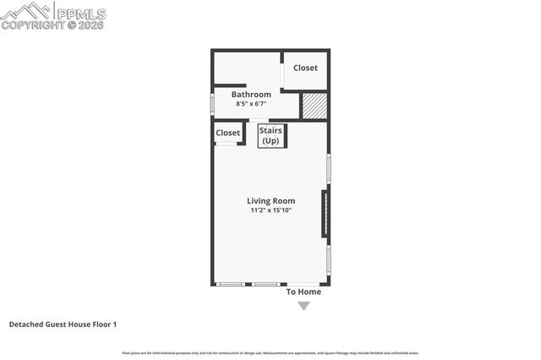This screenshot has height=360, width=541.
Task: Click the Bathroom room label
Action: coord(251,95)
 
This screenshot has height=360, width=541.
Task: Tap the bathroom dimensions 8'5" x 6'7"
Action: coord(251,104)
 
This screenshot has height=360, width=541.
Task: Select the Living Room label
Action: coord(270,200)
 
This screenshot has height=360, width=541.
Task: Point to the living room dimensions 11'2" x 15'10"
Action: coord(270,210)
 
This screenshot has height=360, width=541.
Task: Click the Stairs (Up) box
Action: coord(270,136)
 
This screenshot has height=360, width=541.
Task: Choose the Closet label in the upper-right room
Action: coord(305,68)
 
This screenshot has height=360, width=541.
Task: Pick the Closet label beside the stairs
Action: coord(227,134)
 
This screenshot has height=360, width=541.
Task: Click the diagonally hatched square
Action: coord(314,106)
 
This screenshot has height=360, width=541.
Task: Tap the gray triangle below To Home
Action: coord(303,307)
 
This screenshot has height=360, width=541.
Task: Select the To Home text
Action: coord(303,292)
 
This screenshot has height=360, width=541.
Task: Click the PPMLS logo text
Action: coord(81,13)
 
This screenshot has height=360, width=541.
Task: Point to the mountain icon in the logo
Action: coord(27,11)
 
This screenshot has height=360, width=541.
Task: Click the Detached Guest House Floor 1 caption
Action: coord(63,325)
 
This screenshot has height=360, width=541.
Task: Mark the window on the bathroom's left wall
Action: coord(212,101)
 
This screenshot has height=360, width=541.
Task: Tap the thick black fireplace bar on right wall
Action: coord(324,214)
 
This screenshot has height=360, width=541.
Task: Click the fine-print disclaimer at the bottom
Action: coord(270,352)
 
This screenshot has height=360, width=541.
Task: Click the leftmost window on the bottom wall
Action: coord(229,285)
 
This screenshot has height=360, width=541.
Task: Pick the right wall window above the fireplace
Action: coord(328,168)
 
